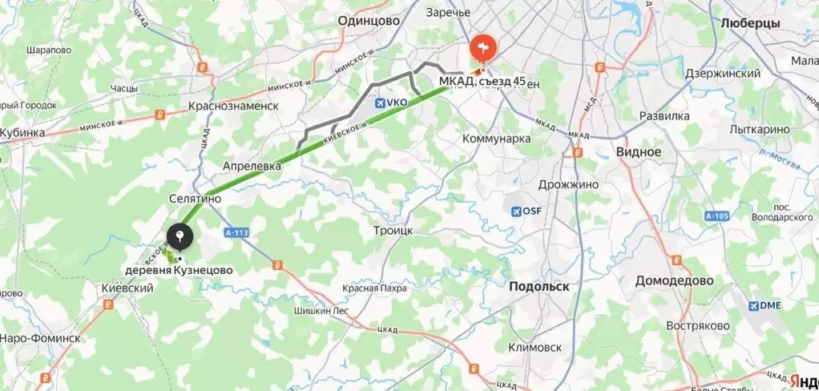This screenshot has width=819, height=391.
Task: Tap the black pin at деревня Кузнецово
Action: (180, 237)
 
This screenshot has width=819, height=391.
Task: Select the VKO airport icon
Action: (380, 103)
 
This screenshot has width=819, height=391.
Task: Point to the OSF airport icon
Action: (516, 212)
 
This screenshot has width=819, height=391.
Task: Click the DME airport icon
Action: (754, 305)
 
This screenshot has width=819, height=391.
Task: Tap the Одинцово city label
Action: (369, 22)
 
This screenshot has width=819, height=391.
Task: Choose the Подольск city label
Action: (539, 286)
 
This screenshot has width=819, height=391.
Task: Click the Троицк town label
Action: (393, 230)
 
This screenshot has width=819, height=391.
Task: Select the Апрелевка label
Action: (252, 165)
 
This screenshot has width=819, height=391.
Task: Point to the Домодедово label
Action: (674, 281)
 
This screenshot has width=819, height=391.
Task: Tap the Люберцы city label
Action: (750, 24)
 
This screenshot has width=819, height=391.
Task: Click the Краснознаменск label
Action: (233, 106)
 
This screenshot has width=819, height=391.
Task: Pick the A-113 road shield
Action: (236, 232)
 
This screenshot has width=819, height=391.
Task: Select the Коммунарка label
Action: (497, 139)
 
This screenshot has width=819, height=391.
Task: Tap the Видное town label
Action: (639, 151)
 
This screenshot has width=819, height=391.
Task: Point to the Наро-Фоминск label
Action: (40, 338)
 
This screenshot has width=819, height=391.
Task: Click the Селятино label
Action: (195, 198)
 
